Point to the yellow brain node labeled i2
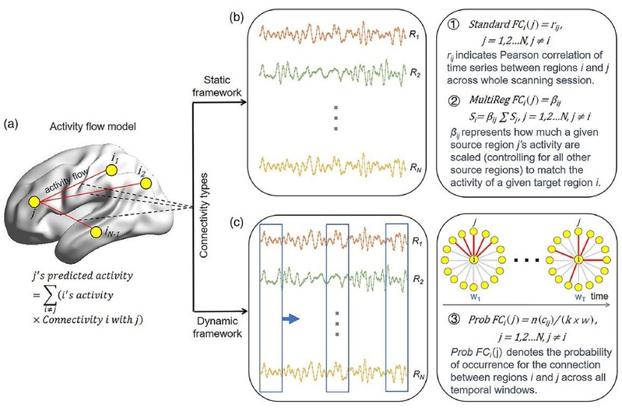pyautogui.click(x=145, y=185)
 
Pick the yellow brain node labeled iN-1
pyautogui.click(x=94, y=233)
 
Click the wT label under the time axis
pyautogui.click(x=578, y=297)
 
